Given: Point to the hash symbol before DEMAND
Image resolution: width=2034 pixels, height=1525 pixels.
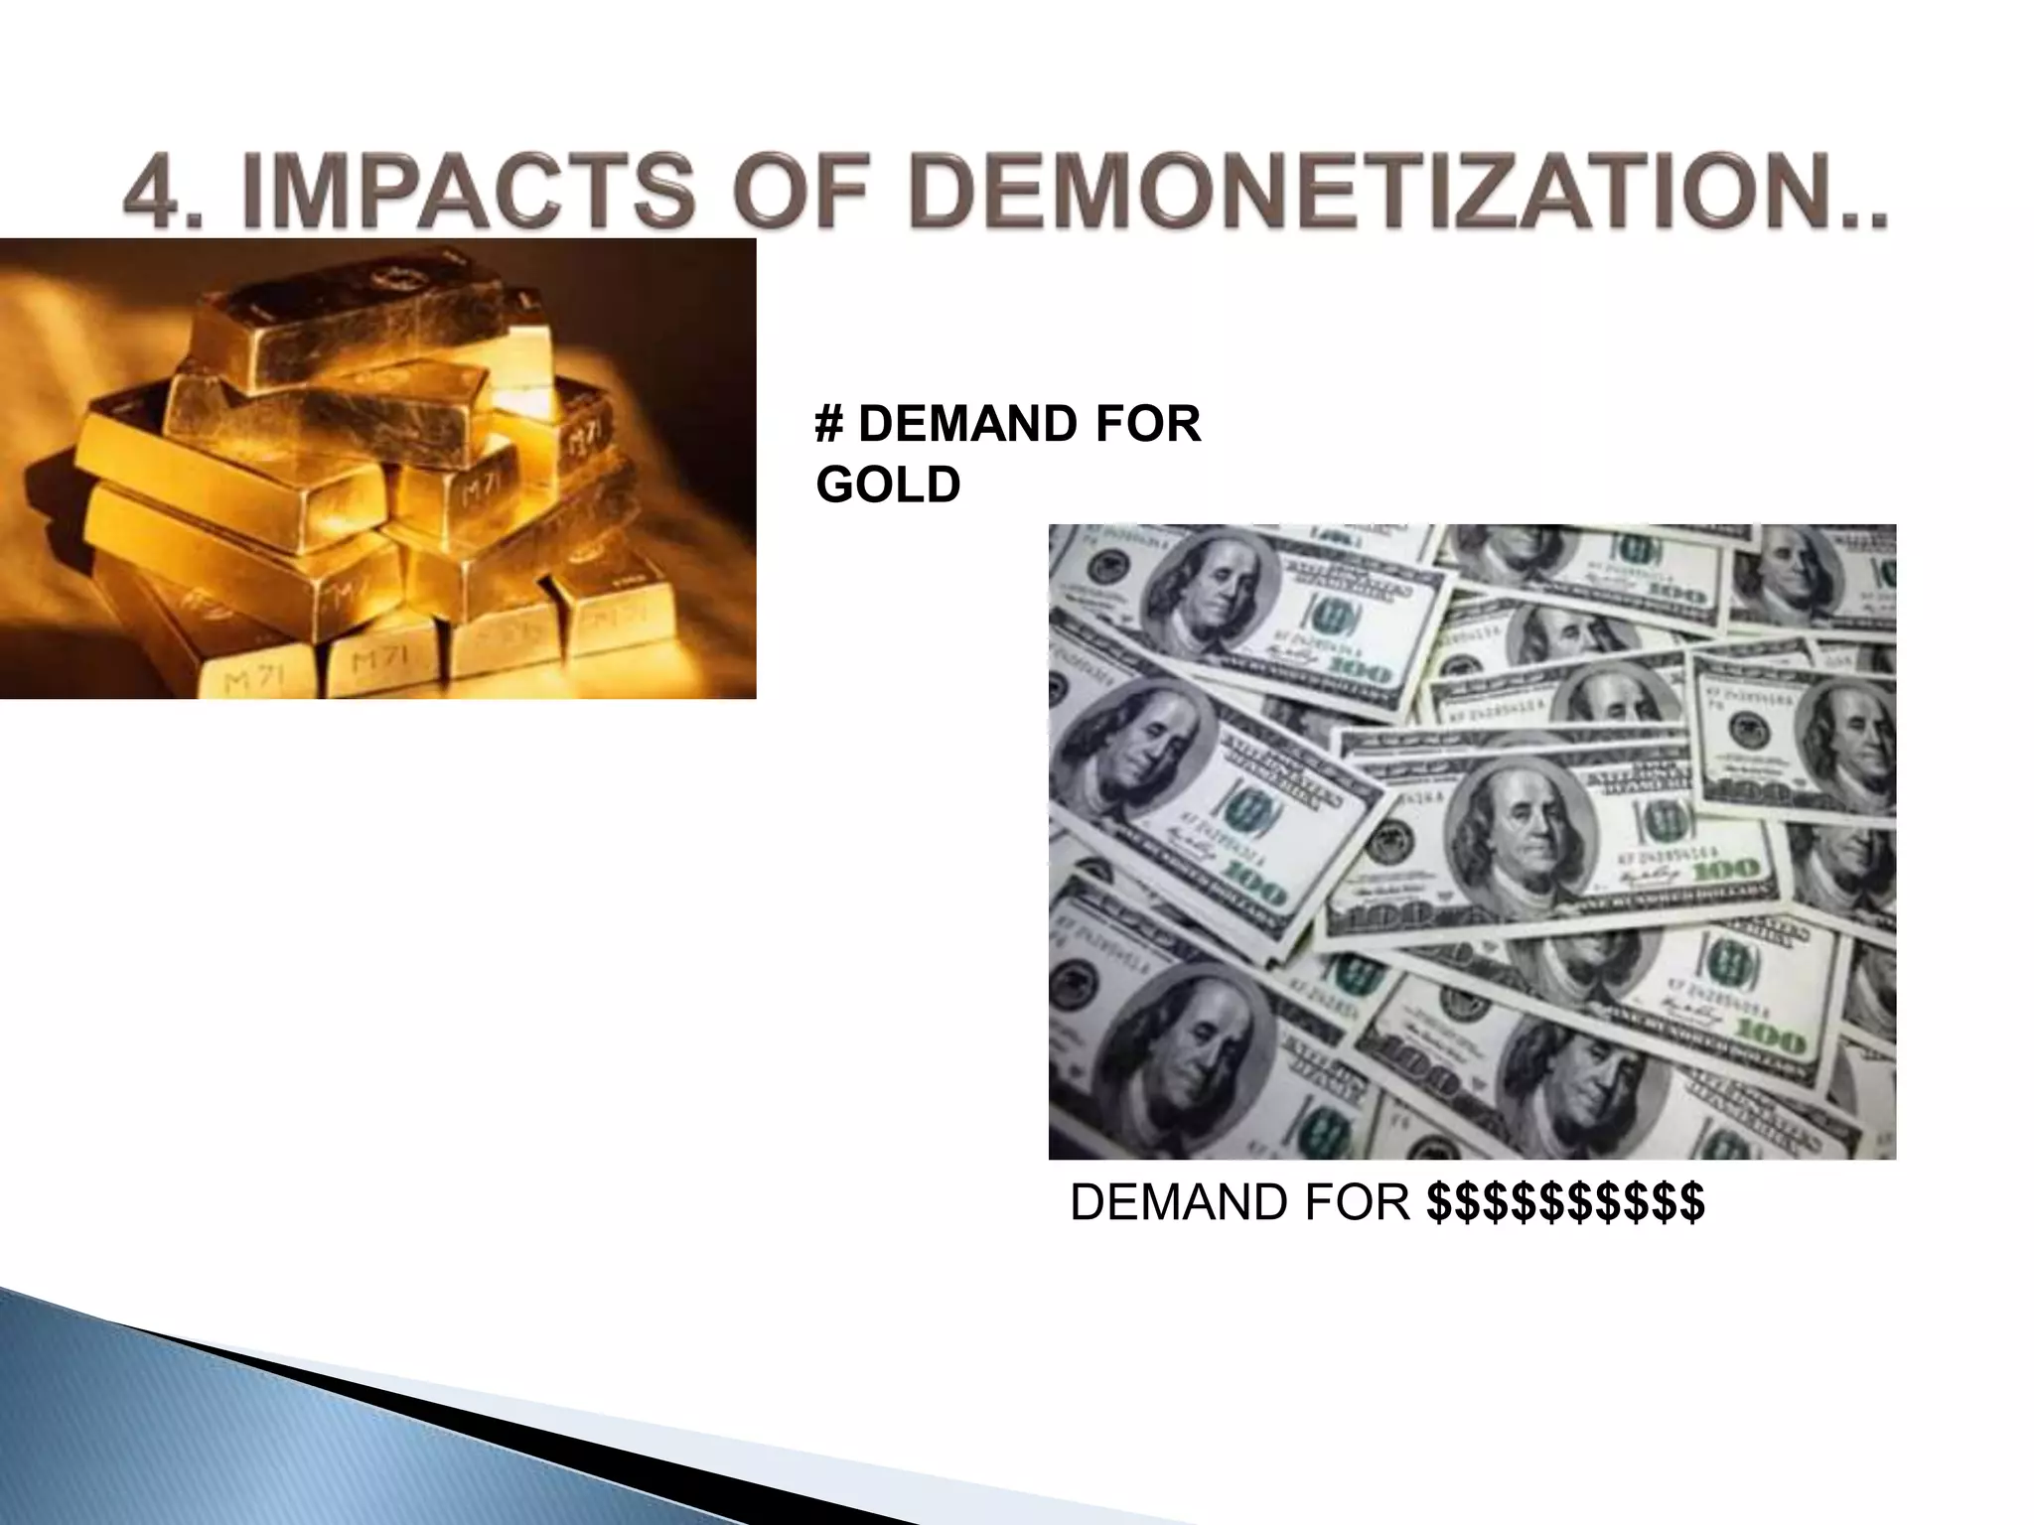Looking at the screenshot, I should click(827, 425).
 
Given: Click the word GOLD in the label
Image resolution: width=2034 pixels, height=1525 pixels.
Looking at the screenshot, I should click(888, 485).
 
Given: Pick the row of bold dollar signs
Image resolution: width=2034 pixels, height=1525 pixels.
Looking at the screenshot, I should click(1565, 1202).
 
